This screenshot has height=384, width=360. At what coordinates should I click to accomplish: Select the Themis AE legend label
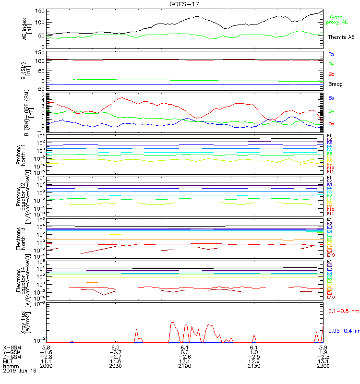(340, 37)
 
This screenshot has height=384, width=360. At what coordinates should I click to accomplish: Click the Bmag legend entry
(335, 84)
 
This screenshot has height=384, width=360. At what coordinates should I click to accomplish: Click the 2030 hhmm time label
(115, 366)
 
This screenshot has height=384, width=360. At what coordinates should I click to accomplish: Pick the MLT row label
(8, 361)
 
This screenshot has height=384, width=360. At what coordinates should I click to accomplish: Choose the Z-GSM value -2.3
(323, 356)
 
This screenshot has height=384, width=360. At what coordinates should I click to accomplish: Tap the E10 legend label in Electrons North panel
(331, 255)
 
